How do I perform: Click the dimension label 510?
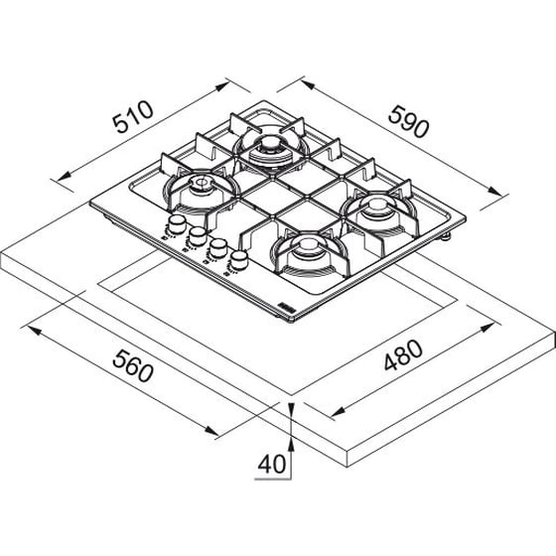tap(133, 117)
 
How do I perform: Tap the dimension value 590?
tap(408, 121)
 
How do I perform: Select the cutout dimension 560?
tap(133, 365)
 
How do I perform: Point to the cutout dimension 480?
tap(403, 355)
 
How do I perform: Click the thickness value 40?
tap(272, 464)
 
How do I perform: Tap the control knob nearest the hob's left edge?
tap(177, 224)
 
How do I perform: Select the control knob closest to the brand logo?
tap(238, 259)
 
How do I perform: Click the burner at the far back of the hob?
tap(270, 149)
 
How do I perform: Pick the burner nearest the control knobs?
tap(201, 192)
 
